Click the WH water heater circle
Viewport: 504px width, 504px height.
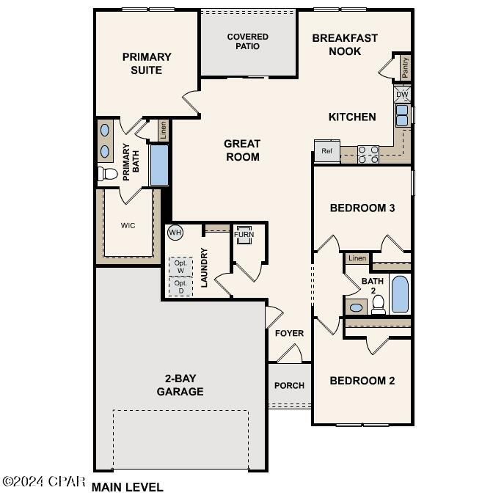click(x=175, y=233)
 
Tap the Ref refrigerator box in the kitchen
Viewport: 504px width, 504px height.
click(x=326, y=151)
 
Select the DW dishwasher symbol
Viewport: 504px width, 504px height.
click(x=402, y=95)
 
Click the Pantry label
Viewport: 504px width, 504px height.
click(x=405, y=67)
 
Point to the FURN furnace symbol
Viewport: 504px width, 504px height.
click(x=244, y=235)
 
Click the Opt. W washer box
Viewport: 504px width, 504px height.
click(x=180, y=266)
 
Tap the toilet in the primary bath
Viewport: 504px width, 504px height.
click(x=108, y=174)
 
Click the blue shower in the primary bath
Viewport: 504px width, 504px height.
click(x=159, y=165)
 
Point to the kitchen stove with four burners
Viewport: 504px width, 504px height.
click(x=368, y=154)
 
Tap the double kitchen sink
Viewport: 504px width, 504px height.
click(x=403, y=116)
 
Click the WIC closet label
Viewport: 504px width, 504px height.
click(x=128, y=225)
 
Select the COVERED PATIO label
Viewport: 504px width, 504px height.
click(x=248, y=42)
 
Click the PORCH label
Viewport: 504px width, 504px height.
click(x=289, y=386)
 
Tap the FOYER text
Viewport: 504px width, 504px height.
click(x=289, y=334)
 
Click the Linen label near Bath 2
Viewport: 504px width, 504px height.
click(x=357, y=258)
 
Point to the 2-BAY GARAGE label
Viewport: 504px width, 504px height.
click(x=180, y=385)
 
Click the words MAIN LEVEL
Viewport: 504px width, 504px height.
click(x=128, y=486)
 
